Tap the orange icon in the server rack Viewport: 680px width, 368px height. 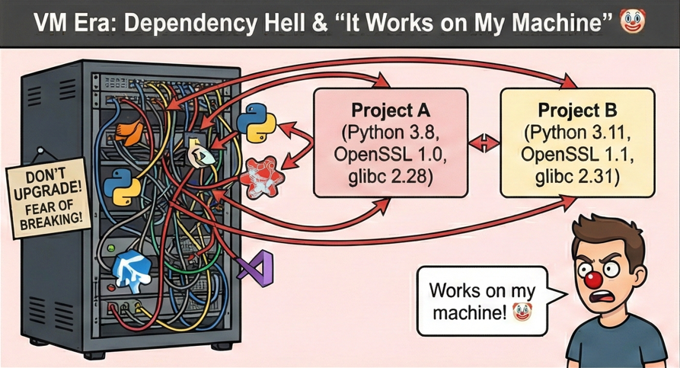[x=132, y=131]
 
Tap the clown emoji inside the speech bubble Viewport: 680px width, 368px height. [x=522, y=312]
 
